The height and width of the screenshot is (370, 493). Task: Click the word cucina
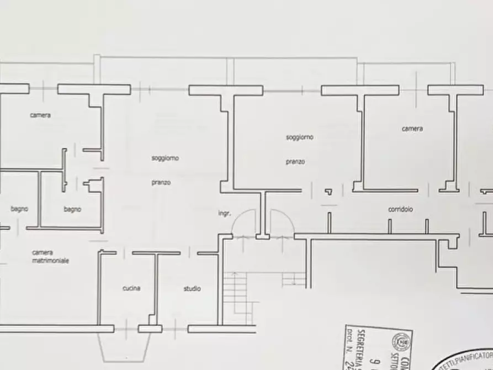[131, 288]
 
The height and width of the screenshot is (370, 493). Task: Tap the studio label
[192, 288]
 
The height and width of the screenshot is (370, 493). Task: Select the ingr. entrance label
[224, 213]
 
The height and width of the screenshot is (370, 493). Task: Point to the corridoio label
[400, 209]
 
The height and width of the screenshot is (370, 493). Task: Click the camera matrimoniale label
[50, 257]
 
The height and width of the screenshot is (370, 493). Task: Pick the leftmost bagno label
[19, 209]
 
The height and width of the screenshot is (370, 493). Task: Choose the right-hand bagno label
[72, 209]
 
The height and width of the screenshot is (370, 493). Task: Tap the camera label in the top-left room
[40, 115]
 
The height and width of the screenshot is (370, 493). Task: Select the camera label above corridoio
[412, 129]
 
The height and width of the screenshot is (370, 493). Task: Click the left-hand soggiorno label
[165, 158]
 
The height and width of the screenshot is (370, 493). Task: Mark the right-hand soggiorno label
[299, 137]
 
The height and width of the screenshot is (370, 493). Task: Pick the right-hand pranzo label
[295, 162]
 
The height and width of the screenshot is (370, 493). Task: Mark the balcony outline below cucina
[126, 348]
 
